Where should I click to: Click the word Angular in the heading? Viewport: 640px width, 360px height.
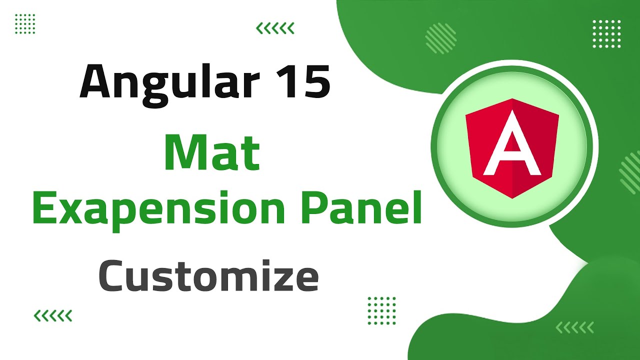(165, 80)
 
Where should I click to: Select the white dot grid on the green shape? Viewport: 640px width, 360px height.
(606, 34)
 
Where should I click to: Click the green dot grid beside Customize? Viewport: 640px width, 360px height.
(381, 310)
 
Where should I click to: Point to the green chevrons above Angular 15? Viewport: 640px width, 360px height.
(275, 28)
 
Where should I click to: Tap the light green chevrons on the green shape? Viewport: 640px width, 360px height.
(574, 327)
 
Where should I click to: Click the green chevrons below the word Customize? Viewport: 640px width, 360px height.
(52, 315)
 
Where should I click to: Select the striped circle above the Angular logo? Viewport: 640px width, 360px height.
(440, 38)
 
